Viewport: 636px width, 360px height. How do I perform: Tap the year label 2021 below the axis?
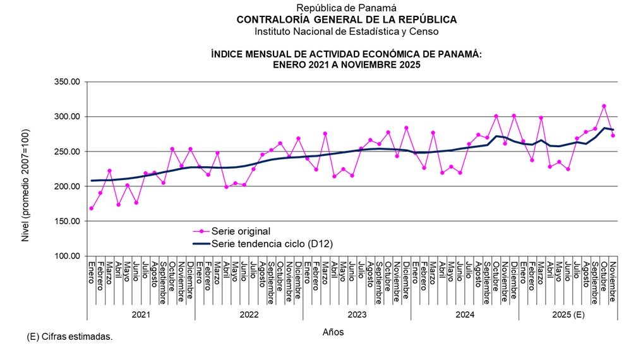(x=141, y=314)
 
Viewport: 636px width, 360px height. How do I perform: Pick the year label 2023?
(x=357, y=314)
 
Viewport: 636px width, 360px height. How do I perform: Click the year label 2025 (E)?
(x=572, y=314)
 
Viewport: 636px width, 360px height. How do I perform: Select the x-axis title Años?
(x=333, y=332)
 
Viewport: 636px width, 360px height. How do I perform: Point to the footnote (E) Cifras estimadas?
(x=69, y=337)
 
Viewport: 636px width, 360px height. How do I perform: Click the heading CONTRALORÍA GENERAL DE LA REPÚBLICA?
(x=346, y=20)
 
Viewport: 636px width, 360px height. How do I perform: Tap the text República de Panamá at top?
(x=346, y=8)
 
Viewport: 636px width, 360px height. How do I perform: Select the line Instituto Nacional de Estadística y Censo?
(x=346, y=31)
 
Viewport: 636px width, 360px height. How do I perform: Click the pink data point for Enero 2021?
(x=92, y=208)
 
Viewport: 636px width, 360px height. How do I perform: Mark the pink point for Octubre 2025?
(x=604, y=106)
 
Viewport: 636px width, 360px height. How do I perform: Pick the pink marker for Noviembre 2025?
(x=613, y=135)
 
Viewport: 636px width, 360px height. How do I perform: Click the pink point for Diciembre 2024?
(x=513, y=116)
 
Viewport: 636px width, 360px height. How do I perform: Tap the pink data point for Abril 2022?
(x=226, y=187)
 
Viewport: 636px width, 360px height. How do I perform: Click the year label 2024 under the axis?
(x=465, y=314)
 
